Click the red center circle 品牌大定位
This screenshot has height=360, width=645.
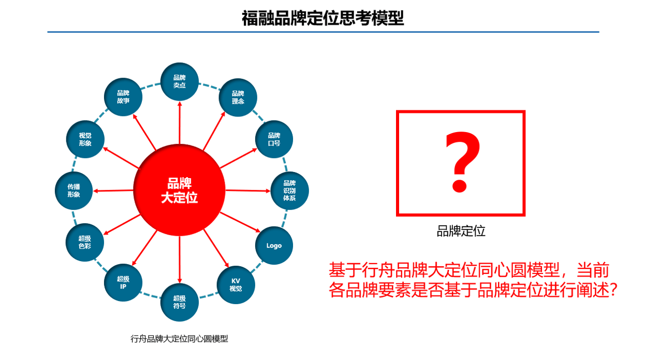coord(179,191)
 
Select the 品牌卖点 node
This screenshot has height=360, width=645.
coord(179,81)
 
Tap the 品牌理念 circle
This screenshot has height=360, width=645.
coord(238,97)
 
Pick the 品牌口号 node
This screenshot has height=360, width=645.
coord(274,139)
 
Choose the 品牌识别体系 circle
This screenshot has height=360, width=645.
coord(289,191)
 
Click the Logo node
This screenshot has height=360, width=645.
coord(274,246)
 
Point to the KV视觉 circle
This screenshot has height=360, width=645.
coord(236,284)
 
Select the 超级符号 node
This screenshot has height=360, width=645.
coord(179,302)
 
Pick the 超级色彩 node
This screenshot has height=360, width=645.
coord(85,242)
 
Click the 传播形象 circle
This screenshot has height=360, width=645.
coord(74,191)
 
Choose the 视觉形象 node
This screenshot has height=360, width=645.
coord(85,139)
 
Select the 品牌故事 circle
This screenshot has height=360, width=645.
coord(123,97)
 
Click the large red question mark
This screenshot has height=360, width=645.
coord(461,162)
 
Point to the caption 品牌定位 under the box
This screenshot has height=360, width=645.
coord(461,231)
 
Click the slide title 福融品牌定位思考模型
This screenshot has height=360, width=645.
coord(322,18)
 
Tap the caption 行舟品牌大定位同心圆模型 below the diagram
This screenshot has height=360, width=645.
coord(179,339)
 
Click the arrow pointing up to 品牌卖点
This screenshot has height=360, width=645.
coord(179,122)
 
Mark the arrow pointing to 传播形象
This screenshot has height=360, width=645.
coord(114,191)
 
